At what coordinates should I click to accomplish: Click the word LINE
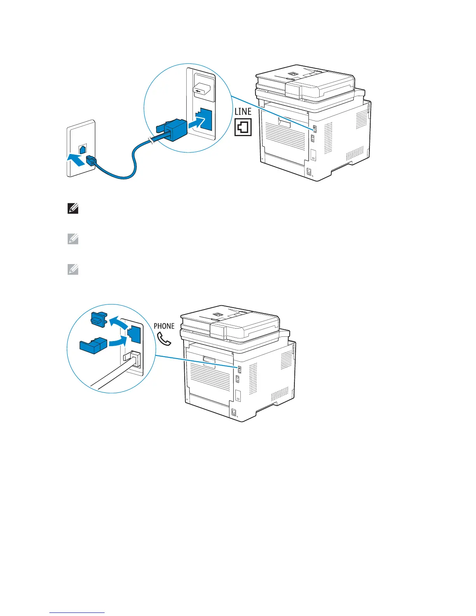(243, 112)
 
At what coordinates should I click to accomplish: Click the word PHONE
(164, 326)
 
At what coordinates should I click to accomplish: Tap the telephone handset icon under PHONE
(164, 339)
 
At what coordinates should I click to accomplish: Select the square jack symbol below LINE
(243, 127)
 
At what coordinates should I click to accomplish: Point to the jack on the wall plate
(82, 149)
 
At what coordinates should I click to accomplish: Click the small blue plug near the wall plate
(91, 160)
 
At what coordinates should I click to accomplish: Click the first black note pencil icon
(73, 209)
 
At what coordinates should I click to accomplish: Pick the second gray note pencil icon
(73, 239)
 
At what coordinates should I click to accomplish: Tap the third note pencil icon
(73, 269)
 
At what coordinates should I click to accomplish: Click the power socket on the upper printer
(310, 171)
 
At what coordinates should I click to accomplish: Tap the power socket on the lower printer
(234, 412)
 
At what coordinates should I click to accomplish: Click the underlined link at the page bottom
(77, 612)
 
